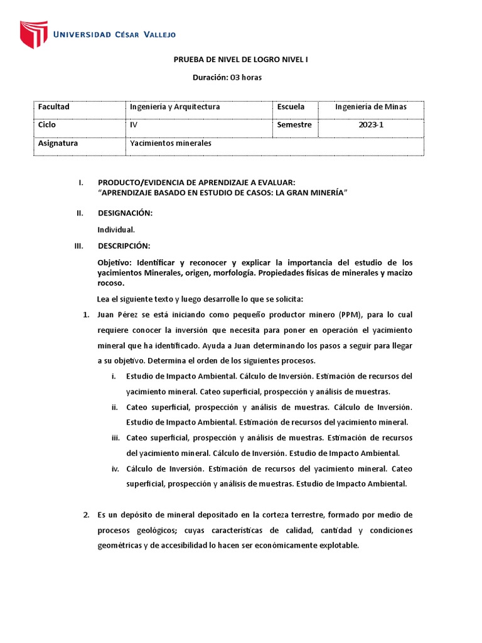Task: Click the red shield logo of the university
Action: pos(33,35)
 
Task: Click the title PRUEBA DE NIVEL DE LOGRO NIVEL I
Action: pos(240,60)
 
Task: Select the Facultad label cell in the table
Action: pos(54,107)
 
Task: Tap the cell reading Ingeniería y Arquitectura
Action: pos(174,107)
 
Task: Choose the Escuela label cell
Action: pos(291,107)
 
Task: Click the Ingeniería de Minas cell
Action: pos(370,107)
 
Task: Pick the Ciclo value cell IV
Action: pos(134,125)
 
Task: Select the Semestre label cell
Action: pos(294,125)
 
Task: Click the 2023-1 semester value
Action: pos(370,125)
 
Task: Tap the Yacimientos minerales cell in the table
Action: pos(171,143)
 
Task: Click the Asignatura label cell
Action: pos(58,143)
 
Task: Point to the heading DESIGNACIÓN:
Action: pos(126,213)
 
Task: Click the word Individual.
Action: pos(116,229)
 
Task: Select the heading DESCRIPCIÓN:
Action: pos(124,246)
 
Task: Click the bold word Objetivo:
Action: pos(115,262)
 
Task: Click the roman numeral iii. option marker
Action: pos(114,438)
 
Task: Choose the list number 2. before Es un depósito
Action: pos(87,515)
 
